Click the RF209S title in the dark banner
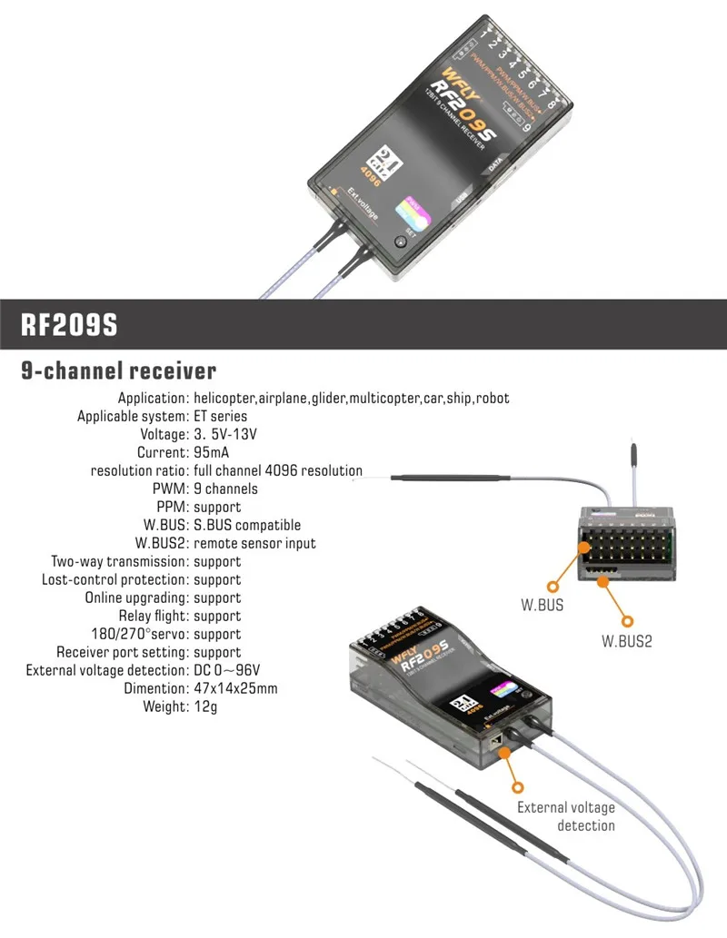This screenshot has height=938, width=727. coord(70,325)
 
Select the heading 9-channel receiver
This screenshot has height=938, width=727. coord(119,370)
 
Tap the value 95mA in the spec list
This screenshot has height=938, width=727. coord(214,452)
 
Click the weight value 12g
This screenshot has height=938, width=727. coord(205,706)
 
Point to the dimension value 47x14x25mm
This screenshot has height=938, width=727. coord(235,688)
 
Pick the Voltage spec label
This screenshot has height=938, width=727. coord(159,434)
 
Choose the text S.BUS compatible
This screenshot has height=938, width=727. coord(246,525)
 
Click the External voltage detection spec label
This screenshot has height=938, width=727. coord(106,670)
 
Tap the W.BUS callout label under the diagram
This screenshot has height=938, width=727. coord(542,605)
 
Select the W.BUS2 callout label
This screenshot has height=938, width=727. coord(627,640)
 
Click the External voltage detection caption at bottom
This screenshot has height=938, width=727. coord(566,816)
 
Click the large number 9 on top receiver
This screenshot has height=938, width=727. coord(526,128)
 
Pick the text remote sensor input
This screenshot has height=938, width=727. coord(254,543)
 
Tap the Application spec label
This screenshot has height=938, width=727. coord(153,398)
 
